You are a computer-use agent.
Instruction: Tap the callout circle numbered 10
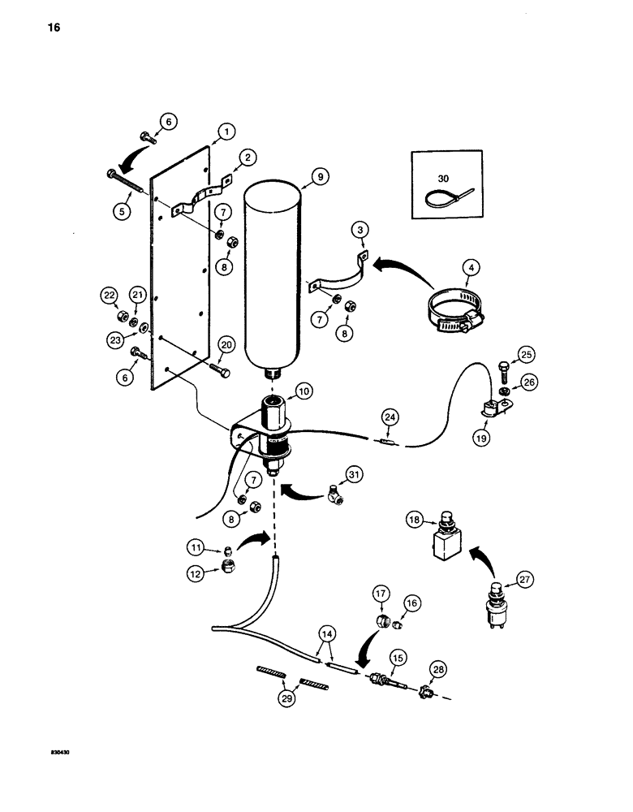coord(304,392)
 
